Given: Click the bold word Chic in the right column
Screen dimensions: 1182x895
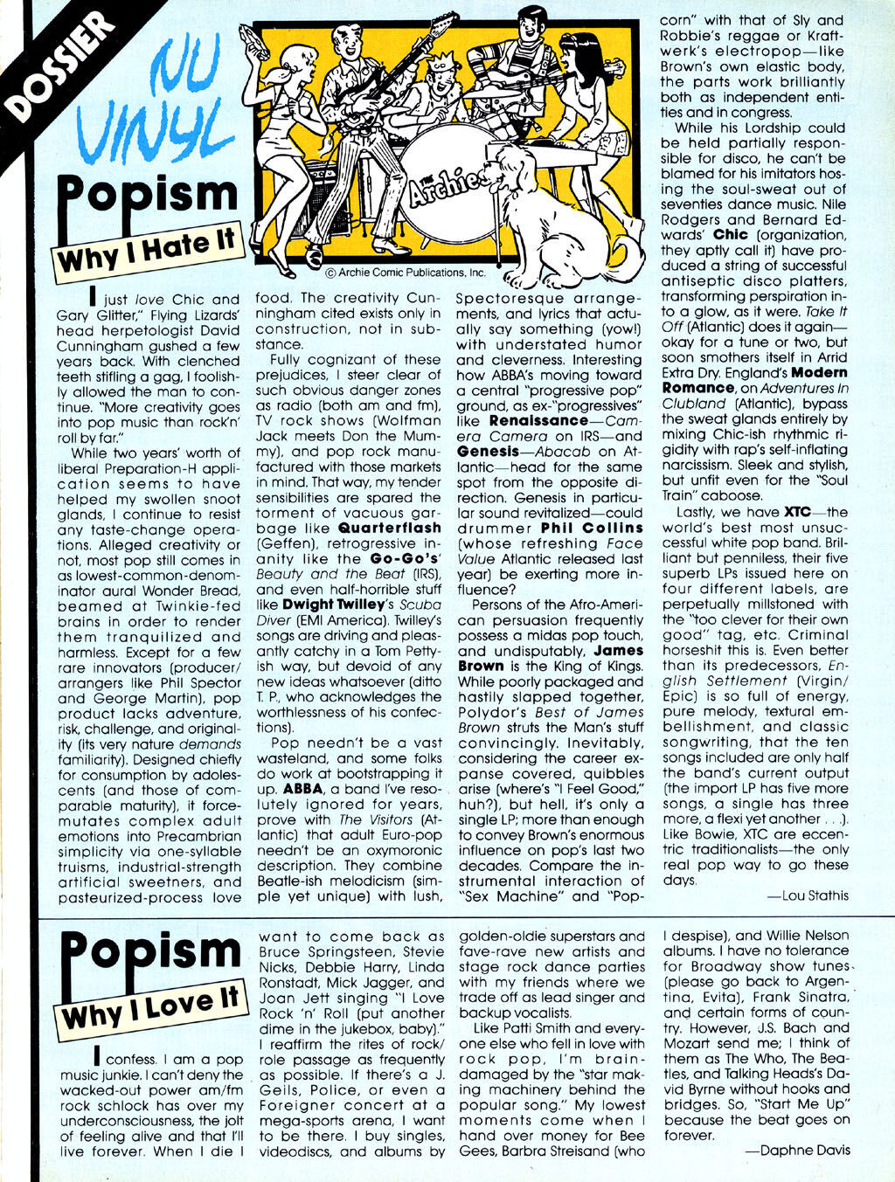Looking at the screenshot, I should pos(731,235).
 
